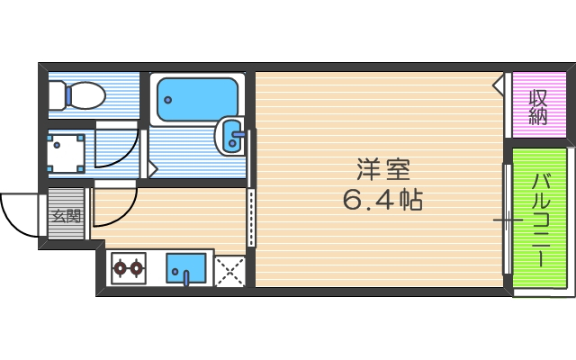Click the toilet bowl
(x=86, y=94)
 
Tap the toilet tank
(x=57, y=94)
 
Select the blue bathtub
(x=197, y=100)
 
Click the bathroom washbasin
(x=231, y=138)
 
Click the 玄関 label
(x=66, y=216)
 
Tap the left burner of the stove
(x=120, y=266)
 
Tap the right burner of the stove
(x=137, y=266)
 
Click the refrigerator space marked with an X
(x=230, y=270)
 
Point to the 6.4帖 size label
(x=382, y=199)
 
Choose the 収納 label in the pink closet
(x=538, y=106)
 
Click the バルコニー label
(x=541, y=220)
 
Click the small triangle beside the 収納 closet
(x=499, y=84)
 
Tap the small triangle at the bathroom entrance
(x=153, y=167)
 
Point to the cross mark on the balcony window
(x=508, y=220)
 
